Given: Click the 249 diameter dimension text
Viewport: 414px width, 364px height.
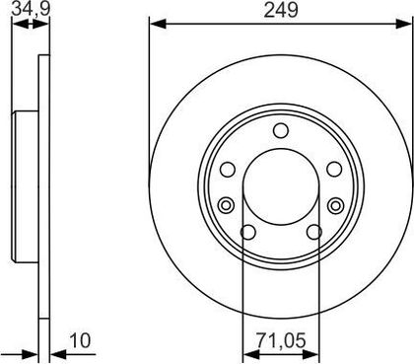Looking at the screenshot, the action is (281, 10).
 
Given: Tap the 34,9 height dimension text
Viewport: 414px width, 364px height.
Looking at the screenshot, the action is (31, 9).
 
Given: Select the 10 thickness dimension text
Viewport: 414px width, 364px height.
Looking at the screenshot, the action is (80, 341).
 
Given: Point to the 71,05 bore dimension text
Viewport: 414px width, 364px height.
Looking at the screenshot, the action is (281, 340).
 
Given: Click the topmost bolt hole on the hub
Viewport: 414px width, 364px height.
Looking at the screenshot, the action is (281, 130).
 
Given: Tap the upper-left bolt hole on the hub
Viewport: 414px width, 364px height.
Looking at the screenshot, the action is (228, 170).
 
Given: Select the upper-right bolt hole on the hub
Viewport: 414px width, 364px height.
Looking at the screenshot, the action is (334, 170).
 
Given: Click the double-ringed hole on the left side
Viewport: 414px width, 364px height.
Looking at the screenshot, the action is (226, 206).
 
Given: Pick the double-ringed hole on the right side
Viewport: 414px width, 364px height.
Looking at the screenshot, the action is (335, 206).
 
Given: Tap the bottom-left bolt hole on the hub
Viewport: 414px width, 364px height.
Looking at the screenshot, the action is (248, 232).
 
